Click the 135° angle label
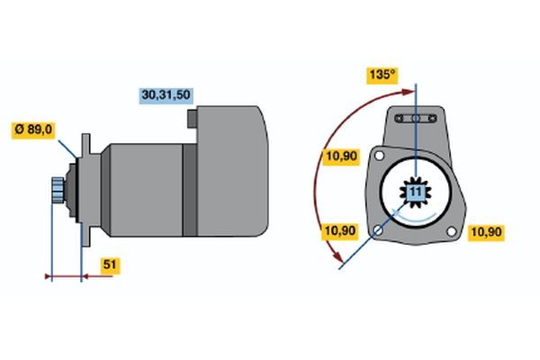click(x=382, y=75)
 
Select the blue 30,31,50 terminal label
click(x=166, y=95)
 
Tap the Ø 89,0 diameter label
click(x=33, y=130)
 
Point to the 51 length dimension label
click(x=110, y=265)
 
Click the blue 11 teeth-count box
click(x=416, y=192)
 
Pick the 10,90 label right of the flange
click(x=486, y=232)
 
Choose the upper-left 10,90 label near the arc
click(x=341, y=157)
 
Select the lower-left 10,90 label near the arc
click(x=340, y=231)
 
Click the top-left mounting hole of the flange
click(x=379, y=156)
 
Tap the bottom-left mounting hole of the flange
click(x=378, y=230)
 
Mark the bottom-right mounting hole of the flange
click(x=451, y=231)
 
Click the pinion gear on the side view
click(x=58, y=190)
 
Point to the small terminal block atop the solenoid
click(x=193, y=119)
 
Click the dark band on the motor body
click(x=189, y=190)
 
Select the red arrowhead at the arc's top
click(x=409, y=92)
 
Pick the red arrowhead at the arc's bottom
click(x=338, y=256)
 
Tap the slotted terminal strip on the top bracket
click(x=416, y=119)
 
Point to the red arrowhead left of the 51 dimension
click(x=49, y=276)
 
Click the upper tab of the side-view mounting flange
click(x=85, y=145)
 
